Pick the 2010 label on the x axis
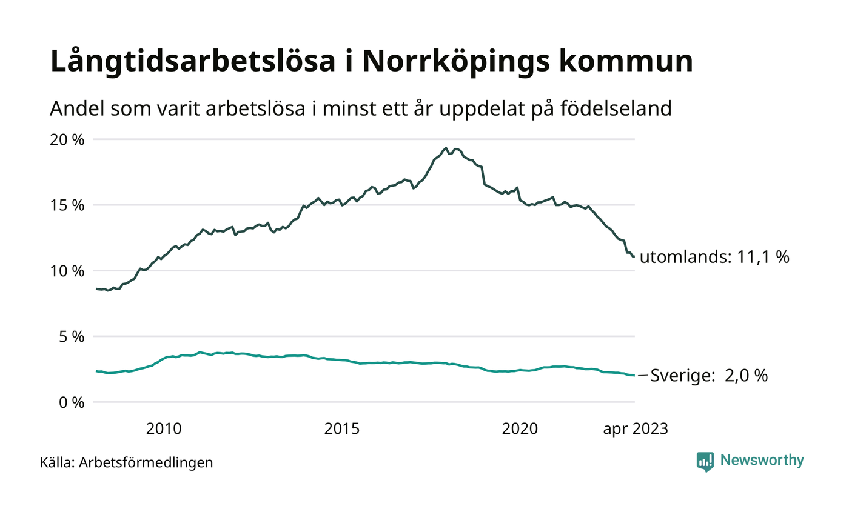pos(164,429)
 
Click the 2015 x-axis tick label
pos(342,429)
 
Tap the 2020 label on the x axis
pos(520,429)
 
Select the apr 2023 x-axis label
pos(635,429)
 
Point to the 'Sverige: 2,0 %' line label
pos(709,376)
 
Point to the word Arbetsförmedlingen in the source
pos(146,463)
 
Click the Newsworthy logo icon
pos(705,462)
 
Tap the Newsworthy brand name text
pos(762,461)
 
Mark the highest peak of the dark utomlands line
pos(446,148)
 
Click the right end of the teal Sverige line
pos(634,376)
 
